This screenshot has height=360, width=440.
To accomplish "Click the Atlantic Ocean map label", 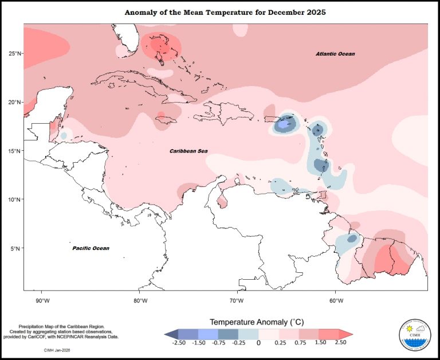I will (335, 54).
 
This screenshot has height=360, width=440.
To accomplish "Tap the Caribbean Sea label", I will (188, 151).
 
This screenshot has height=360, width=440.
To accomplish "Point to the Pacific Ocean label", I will (91, 248).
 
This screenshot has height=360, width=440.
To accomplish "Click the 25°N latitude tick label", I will (15, 53).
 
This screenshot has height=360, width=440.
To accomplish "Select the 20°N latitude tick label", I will (15, 102).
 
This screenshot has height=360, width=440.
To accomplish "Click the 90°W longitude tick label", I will (42, 300).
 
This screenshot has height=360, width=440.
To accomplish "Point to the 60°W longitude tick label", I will (336, 300).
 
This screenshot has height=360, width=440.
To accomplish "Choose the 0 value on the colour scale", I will (258, 343).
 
